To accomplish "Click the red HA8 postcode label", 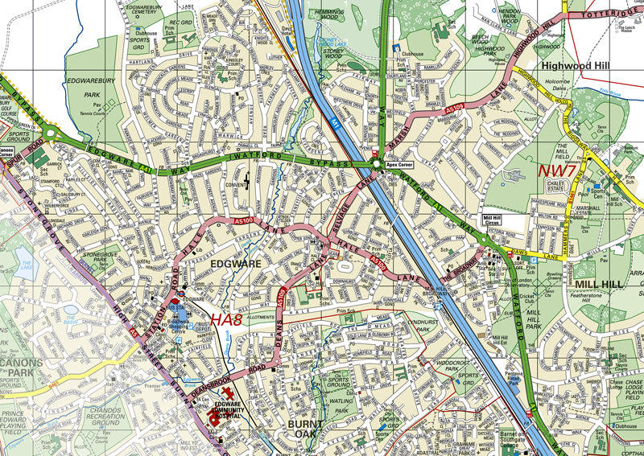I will [x=227, y=320].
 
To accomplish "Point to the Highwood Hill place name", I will [x=577, y=65].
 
